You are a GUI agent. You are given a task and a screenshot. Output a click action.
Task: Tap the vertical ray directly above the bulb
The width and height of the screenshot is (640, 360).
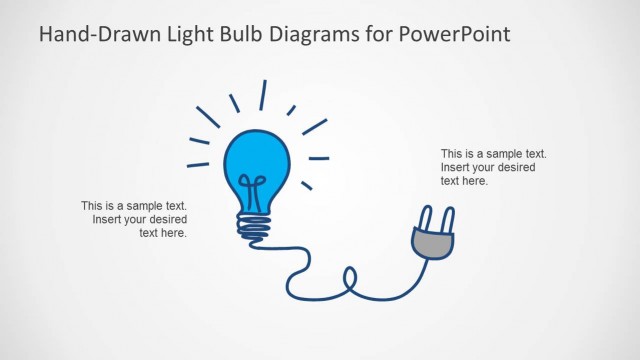coord(263,95)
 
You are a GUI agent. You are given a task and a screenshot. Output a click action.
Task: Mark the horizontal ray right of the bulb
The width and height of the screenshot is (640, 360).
coord(318,158)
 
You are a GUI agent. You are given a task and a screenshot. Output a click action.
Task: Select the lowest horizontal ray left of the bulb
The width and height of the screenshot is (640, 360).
coord(198,164)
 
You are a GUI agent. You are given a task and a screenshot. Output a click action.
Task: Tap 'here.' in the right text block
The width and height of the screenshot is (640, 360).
coord(475,181)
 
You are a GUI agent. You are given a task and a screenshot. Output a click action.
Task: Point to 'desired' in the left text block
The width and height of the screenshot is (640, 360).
coord(167,219)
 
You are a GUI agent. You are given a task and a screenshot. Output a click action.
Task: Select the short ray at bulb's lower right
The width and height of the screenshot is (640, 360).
coord(307,185)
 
